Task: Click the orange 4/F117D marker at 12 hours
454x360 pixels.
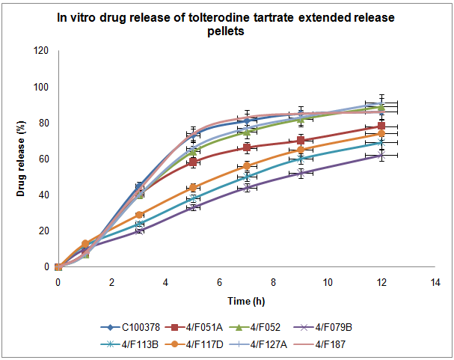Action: pos(381,133)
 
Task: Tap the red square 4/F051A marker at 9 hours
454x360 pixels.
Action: pos(301,140)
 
